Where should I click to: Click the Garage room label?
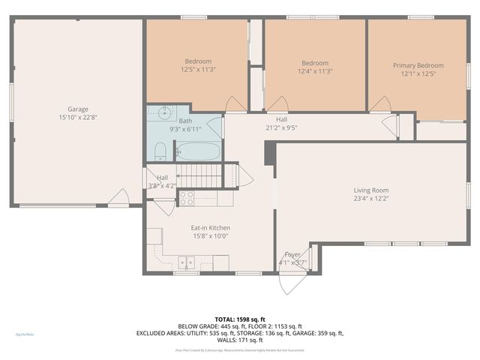click(78, 108)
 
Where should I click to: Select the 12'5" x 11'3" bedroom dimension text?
click(198, 70)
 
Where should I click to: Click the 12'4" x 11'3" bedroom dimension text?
click(314, 71)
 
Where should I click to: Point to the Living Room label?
click(370, 190)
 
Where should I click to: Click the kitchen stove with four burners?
click(186, 199)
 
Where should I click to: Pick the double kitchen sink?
click(186, 262)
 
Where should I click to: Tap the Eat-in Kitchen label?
click(210, 227)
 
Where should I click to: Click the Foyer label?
click(292, 254)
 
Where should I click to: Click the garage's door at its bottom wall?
click(118, 199)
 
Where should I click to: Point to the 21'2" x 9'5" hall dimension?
click(281, 127)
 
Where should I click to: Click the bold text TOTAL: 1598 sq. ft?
click(239, 319)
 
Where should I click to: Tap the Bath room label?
click(184, 121)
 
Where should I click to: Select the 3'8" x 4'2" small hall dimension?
click(162, 185)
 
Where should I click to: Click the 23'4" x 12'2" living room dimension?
click(370, 198)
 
